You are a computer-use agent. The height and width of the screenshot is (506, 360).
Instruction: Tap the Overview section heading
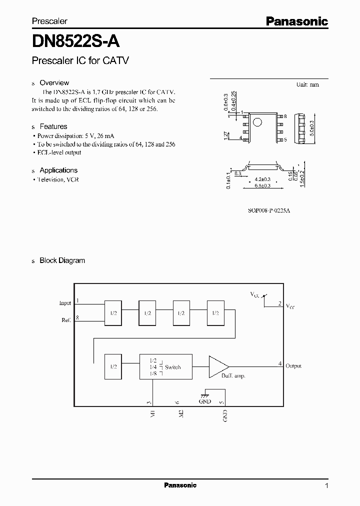pyautogui.click(x=54, y=83)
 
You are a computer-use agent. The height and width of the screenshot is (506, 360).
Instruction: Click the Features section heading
pyautogui.click(x=53, y=126)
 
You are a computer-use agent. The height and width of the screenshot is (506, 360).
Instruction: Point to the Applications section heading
pyautogui.click(x=58, y=170)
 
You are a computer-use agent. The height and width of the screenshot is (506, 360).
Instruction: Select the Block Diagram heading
pyautogui.click(x=62, y=260)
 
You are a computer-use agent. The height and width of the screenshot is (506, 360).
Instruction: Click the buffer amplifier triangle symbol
pyautogui.click(x=218, y=366)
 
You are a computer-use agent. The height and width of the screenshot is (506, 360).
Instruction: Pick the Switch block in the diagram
pyautogui.click(x=166, y=366)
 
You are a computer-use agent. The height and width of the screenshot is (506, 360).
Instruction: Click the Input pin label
pyautogui.click(x=65, y=303)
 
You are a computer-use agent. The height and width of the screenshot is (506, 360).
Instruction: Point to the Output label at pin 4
pyautogui.click(x=293, y=366)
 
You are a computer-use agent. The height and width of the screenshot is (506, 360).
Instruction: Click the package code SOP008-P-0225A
pyautogui.click(x=269, y=210)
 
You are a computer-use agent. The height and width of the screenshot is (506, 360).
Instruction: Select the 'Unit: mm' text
pyautogui.click(x=307, y=84)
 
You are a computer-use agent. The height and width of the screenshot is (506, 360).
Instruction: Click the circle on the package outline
pyautogui.click(x=257, y=122)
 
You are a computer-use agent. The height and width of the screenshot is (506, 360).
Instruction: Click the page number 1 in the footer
pyautogui.click(x=327, y=486)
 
